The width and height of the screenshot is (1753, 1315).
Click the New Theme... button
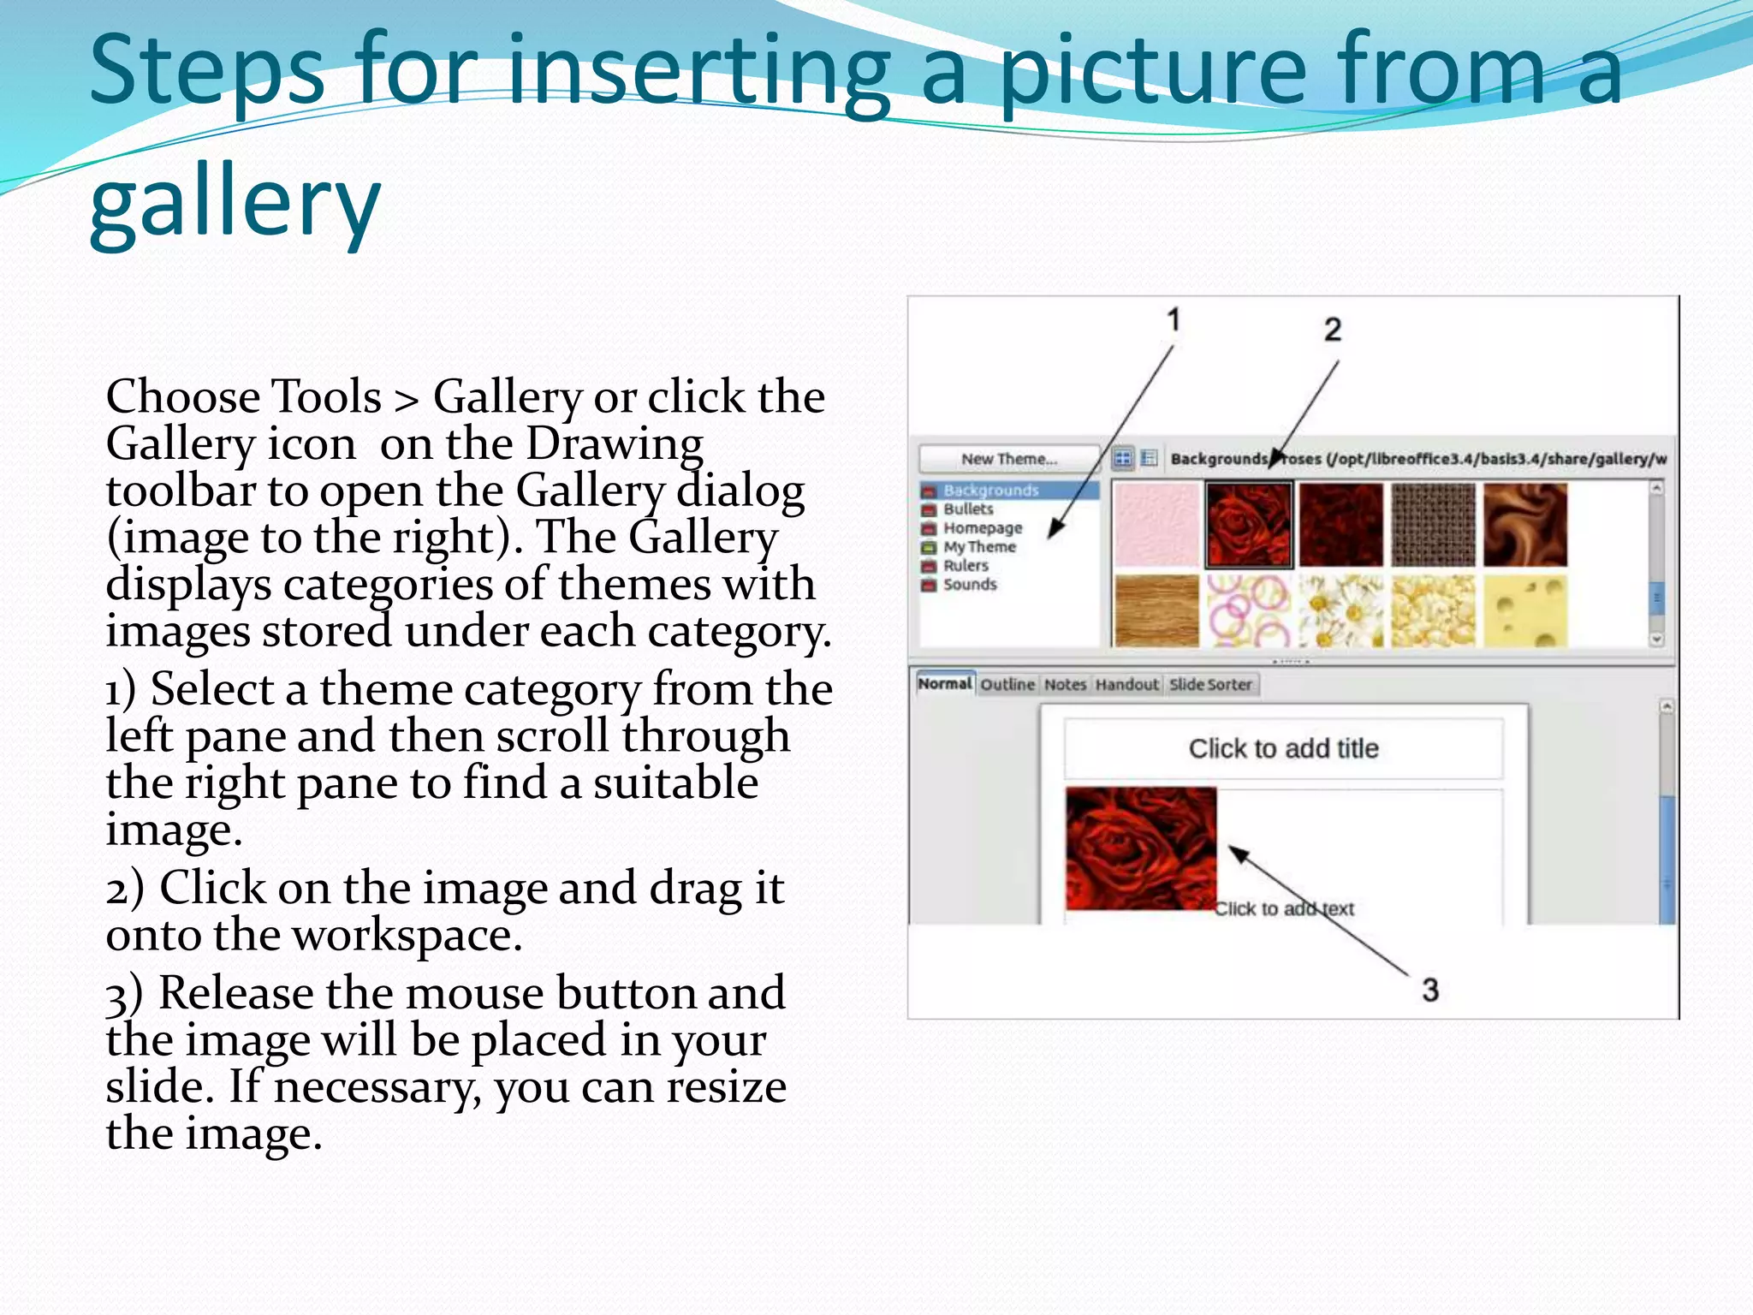click(1008, 459)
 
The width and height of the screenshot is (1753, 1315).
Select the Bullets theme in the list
click(968, 509)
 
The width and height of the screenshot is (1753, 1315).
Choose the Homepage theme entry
click(982, 527)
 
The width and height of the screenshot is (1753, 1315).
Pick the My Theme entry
click(979, 546)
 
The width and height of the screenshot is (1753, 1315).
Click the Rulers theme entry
click(966, 565)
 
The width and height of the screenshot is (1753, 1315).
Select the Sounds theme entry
click(970, 584)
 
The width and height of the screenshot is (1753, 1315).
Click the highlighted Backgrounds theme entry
click(990, 490)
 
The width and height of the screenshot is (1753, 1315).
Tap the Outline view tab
click(1007, 684)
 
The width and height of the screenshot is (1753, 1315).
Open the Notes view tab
click(1065, 684)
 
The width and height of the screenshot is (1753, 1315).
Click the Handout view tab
click(1126, 684)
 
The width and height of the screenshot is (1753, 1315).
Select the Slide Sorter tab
click(1210, 684)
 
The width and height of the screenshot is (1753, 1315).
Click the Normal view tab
click(945, 683)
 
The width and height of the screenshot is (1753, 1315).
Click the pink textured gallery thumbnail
click(1156, 524)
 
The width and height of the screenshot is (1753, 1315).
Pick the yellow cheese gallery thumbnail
click(1525, 610)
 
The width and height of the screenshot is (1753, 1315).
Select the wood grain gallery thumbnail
click(1156, 610)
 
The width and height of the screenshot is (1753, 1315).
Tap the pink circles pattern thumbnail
click(1249, 610)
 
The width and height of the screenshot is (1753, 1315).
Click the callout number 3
click(1430, 991)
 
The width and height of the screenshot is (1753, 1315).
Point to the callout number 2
click(1333, 330)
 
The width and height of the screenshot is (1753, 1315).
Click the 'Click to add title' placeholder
click(1283, 748)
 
